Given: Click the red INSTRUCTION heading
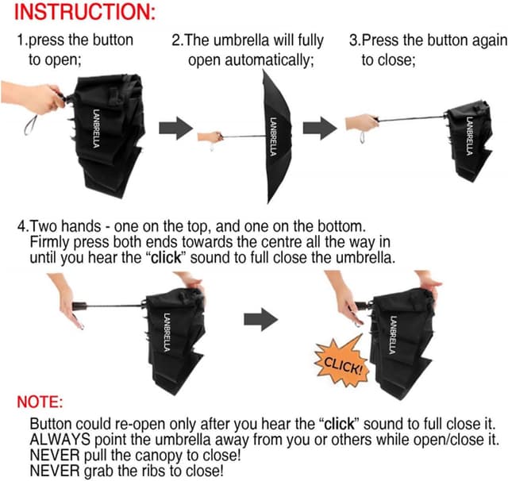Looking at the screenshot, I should pos(75,13).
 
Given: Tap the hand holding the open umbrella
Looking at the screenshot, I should pos(211,137).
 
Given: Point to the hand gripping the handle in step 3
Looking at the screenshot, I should pos(362,124).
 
